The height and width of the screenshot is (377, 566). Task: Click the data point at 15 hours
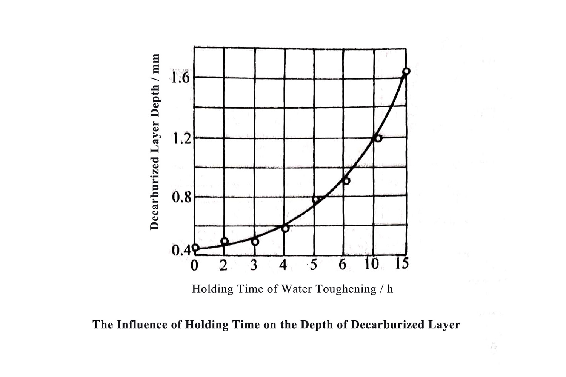(x=406, y=71)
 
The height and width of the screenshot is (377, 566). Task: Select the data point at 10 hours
(x=378, y=138)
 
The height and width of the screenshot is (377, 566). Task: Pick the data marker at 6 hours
(x=346, y=181)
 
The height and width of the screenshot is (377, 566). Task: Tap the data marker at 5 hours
(x=315, y=199)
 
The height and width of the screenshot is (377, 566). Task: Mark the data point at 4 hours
(x=285, y=228)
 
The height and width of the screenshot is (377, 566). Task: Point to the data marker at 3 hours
(x=255, y=242)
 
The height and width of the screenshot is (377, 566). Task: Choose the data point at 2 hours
(x=225, y=241)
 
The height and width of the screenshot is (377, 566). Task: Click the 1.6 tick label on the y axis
(x=180, y=77)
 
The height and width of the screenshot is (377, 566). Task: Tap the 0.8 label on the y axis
(x=181, y=197)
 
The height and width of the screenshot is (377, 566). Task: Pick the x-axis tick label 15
(x=401, y=263)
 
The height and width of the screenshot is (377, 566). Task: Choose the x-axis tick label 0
(x=194, y=266)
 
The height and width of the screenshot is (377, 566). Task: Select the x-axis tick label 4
(x=283, y=265)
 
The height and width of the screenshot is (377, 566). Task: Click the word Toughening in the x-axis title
(x=345, y=289)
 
